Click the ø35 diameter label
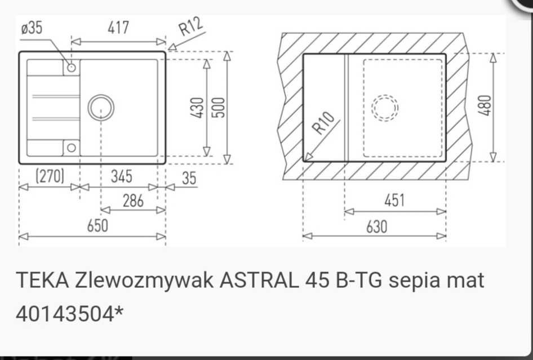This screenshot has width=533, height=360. [x=31, y=29]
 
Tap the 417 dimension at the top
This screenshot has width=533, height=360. [x=118, y=28]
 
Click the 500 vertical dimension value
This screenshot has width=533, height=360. [x=218, y=107]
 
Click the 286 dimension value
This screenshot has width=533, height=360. [x=133, y=201]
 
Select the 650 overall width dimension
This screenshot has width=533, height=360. [x=97, y=226]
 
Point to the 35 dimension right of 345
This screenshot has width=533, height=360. [x=189, y=178]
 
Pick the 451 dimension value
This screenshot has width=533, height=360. [x=394, y=201]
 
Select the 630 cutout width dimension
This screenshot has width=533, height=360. [x=376, y=226]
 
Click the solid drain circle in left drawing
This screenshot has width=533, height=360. [x=101, y=108]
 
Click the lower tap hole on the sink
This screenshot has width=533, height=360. [x=71, y=148]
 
